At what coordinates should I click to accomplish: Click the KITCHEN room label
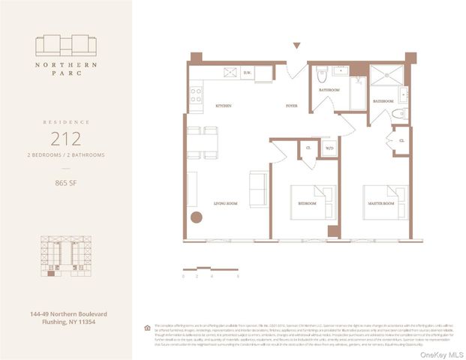click(223, 106)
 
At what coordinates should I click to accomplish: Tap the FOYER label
click(291, 106)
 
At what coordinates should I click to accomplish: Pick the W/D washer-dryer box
click(329, 148)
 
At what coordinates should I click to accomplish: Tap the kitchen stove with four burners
click(196, 94)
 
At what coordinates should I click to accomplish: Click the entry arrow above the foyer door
click(297, 46)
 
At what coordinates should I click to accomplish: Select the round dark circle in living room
click(197, 218)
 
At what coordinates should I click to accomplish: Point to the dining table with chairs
click(203, 142)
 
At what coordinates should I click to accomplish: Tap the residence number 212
click(66, 138)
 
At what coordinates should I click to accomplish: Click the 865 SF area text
click(66, 182)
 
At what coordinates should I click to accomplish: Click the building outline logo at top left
click(66, 46)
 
